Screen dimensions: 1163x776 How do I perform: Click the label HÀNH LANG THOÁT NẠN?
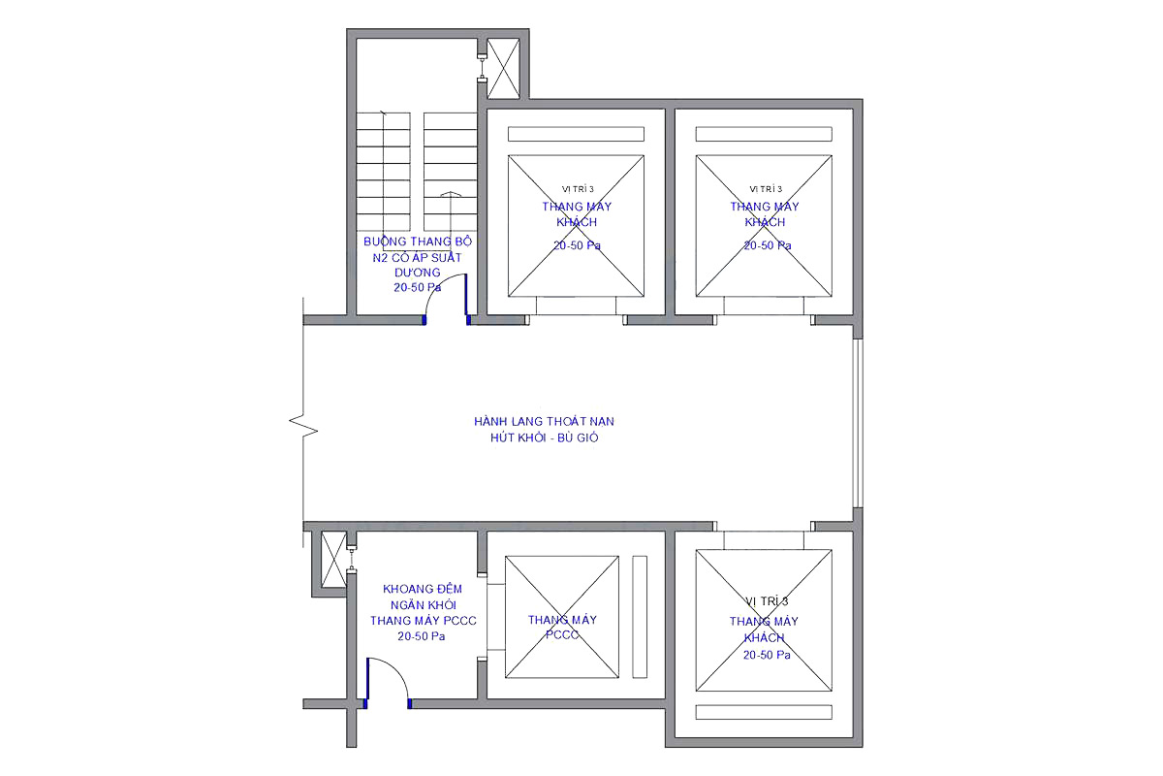click(544, 421)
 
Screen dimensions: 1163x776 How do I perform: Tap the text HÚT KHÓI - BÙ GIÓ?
click(544, 437)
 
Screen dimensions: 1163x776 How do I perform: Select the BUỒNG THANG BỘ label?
click(418, 242)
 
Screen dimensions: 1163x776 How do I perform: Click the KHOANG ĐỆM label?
click(423, 589)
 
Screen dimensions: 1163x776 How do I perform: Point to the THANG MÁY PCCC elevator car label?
click(562, 628)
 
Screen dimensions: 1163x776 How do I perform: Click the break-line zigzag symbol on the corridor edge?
click(303, 425)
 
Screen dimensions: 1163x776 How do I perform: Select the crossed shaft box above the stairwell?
click(503, 69)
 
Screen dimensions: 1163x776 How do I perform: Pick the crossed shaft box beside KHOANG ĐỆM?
click(333, 560)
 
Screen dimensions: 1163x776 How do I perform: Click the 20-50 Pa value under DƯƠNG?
click(417, 287)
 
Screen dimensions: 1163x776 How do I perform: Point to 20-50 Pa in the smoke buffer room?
click(421, 636)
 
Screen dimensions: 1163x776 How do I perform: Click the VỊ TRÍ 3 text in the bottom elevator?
click(767, 601)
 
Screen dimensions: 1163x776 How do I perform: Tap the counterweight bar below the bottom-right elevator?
click(764, 712)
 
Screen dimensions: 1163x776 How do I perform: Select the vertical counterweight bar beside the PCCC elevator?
click(640, 617)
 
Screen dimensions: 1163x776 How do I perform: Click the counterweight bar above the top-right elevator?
click(764, 134)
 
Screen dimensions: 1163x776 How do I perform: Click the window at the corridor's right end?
click(858, 423)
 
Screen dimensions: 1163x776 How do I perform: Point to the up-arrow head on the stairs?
click(451, 194)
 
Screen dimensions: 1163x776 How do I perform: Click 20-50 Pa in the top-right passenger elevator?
click(768, 245)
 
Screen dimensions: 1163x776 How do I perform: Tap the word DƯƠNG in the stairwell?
click(417, 273)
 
